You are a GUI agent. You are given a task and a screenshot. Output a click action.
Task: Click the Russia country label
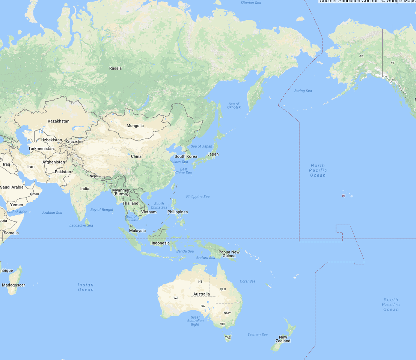[x=115, y=68]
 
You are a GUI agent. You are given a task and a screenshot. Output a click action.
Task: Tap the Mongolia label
[x=135, y=126]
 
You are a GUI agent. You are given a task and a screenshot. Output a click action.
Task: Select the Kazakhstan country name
[x=59, y=121]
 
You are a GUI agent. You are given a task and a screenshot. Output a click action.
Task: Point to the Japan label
[x=213, y=154]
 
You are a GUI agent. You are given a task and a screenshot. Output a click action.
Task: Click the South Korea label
[x=186, y=156]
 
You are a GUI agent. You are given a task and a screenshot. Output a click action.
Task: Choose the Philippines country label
[x=178, y=212]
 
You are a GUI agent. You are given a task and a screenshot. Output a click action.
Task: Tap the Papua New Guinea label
[x=229, y=254]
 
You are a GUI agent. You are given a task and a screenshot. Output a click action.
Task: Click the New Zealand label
[x=283, y=339]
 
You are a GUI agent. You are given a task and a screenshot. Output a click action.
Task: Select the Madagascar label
[x=14, y=285]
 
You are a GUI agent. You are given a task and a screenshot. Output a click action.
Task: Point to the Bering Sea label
[x=303, y=91]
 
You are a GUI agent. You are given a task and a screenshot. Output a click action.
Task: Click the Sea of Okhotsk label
[x=234, y=106]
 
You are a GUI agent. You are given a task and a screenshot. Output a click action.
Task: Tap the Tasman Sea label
[x=258, y=334]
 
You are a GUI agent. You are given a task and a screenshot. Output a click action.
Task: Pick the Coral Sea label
[x=247, y=281]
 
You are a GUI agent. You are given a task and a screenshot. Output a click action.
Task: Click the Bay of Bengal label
[x=102, y=210]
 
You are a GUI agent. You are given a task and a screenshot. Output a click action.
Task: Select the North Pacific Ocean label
[x=318, y=170]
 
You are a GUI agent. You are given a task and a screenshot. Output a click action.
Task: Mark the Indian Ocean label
[x=86, y=287]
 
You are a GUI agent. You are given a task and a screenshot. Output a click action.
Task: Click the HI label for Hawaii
[x=344, y=196]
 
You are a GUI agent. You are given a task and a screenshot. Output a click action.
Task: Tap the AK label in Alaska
[x=361, y=56]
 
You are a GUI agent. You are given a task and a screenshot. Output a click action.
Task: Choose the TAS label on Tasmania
[x=228, y=337]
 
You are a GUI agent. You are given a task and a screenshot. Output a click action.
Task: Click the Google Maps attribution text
[x=368, y=1]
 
